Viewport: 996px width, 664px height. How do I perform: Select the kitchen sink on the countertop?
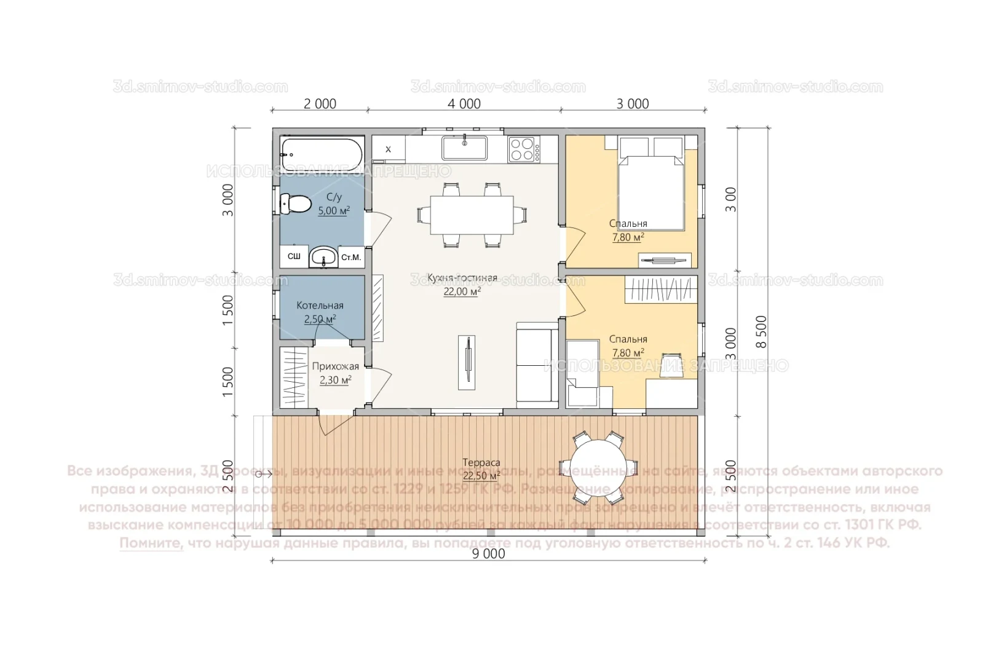coord(464,148)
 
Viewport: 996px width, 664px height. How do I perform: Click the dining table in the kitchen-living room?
coord(472,215)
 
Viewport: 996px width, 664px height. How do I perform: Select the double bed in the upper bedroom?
coord(651,188)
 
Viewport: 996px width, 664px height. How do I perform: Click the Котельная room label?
coord(320,306)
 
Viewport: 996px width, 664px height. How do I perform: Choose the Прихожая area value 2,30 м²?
coord(335,381)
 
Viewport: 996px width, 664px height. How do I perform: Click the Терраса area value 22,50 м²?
coord(481,476)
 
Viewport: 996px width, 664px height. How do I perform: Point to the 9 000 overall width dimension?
coord(488,554)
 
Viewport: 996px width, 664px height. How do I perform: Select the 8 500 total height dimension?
coord(761,332)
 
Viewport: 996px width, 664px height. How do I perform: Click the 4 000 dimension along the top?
coord(464,104)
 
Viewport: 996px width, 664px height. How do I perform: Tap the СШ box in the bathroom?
coord(294,256)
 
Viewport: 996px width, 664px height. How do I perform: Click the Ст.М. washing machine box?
coord(351,257)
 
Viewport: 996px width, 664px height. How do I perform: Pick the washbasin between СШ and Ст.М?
coord(323,256)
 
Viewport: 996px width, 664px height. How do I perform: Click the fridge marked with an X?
coord(388,149)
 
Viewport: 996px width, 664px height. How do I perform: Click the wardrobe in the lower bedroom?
coord(661,289)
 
